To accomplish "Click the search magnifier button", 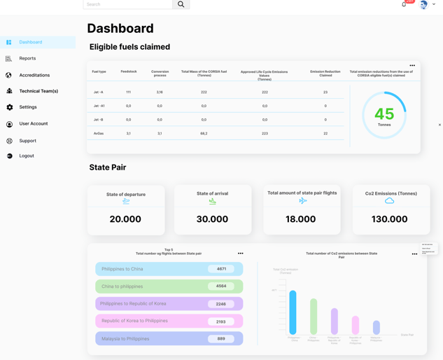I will point(181,4).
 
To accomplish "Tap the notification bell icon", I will point(404,4).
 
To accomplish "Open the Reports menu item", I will point(27,59).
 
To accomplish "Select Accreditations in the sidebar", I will point(34,75).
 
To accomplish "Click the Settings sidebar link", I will point(28,107).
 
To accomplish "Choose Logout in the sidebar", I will point(27,155).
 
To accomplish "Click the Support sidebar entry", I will point(27,141).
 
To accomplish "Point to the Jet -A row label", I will point(99,92).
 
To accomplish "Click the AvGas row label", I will point(99,133).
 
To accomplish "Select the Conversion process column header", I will point(160,72).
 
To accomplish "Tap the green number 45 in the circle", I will point(384,114).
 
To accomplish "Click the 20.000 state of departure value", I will point(126,219).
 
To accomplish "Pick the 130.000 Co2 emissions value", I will point(390,219).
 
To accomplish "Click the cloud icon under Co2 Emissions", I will point(390,201).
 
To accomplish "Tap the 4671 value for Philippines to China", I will point(221,269).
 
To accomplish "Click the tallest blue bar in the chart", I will point(293,312).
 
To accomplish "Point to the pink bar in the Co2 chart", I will point(356,324).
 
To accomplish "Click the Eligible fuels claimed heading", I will point(129,47).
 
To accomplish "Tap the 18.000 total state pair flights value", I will point(301,219).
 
